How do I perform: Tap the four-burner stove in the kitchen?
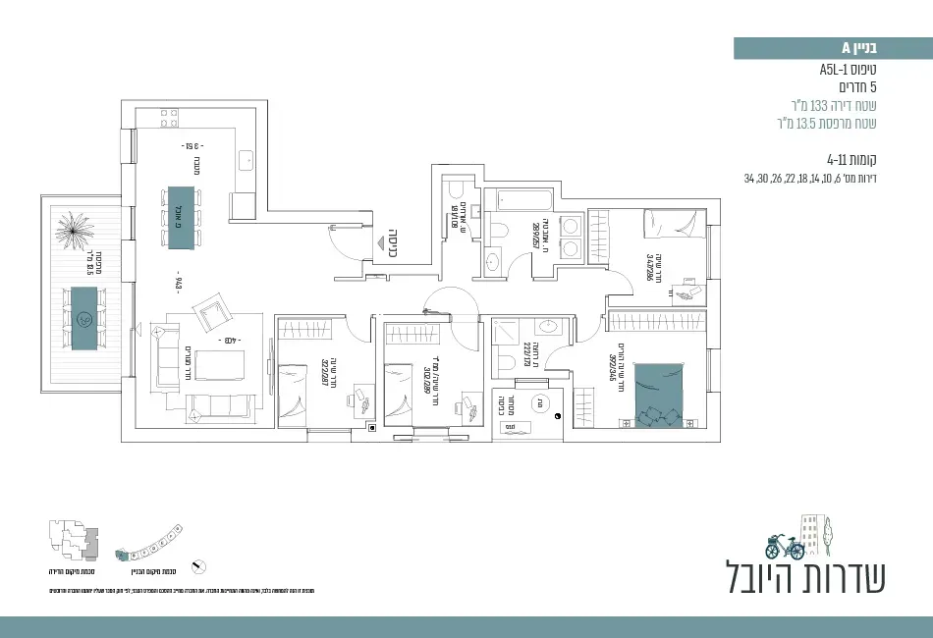[x=168, y=119]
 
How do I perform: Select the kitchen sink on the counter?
[x=245, y=157]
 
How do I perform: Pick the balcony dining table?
[x=84, y=318]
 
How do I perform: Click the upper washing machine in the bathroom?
[x=569, y=226]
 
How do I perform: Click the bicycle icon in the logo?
[x=785, y=545]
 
